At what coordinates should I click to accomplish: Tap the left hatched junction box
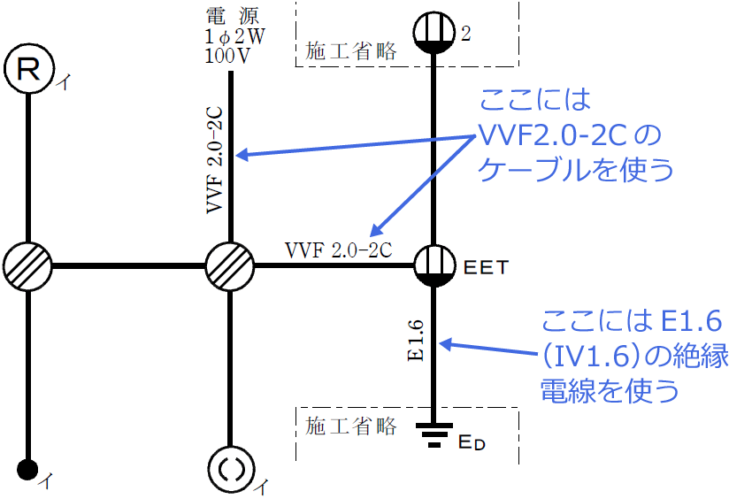click(x=28, y=265)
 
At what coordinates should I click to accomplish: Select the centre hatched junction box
click(x=230, y=265)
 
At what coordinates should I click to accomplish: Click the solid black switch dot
click(x=28, y=468)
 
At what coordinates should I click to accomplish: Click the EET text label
click(x=485, y=265)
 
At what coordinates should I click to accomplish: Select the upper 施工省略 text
click(x=350, y=51)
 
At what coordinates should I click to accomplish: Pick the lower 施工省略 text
click(x=350, y=426)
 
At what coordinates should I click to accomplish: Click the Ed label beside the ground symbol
click(x=472, y=441)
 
